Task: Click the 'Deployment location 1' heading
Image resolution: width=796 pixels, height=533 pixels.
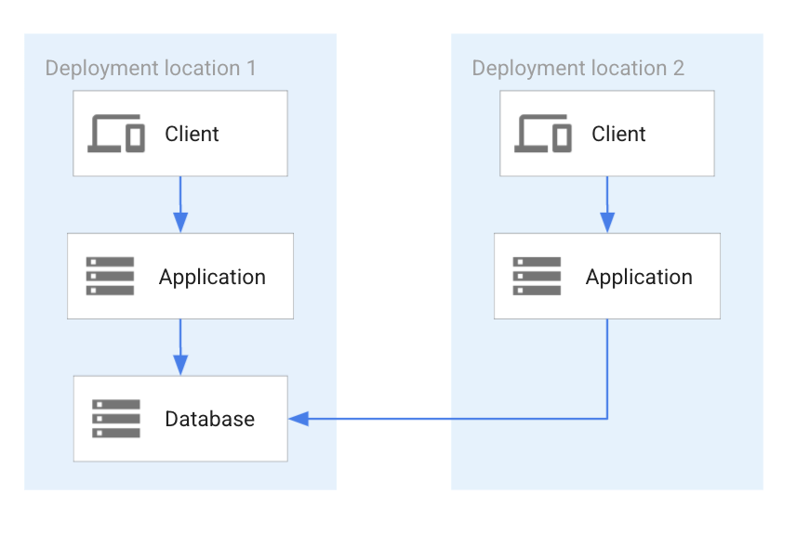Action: (151, 68)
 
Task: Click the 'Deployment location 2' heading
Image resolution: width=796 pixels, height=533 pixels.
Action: (577, 68)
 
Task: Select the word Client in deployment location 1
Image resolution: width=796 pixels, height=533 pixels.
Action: (192, 134)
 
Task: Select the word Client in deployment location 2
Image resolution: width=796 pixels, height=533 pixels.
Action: (618, 134)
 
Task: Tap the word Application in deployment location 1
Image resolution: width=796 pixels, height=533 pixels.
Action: (212, 277)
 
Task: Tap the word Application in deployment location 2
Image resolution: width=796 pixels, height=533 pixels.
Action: (639, 277)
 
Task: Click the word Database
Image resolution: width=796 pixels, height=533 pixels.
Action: (209, 419)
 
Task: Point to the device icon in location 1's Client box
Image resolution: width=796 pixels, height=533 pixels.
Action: (116, 134)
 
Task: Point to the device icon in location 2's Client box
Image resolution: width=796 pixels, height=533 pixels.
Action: (543, 134)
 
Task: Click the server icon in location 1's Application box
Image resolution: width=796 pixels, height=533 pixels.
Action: (110, 277)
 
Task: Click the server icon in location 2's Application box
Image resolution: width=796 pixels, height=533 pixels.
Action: (537, 277)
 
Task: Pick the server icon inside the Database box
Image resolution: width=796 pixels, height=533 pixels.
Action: (116, 419)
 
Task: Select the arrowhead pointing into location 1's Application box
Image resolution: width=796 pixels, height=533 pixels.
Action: (180, 222)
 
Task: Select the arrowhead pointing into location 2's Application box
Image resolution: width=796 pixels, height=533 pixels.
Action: (607, 222)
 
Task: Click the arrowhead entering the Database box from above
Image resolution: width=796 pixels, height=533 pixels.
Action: (180, 365)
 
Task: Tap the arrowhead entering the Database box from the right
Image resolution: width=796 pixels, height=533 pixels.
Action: (298, 419)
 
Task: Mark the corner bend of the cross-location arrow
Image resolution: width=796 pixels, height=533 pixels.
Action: (607, 419)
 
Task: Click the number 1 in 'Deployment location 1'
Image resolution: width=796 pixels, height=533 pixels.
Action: (250, 68)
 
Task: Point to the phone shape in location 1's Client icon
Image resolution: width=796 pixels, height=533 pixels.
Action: (136, 137)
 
